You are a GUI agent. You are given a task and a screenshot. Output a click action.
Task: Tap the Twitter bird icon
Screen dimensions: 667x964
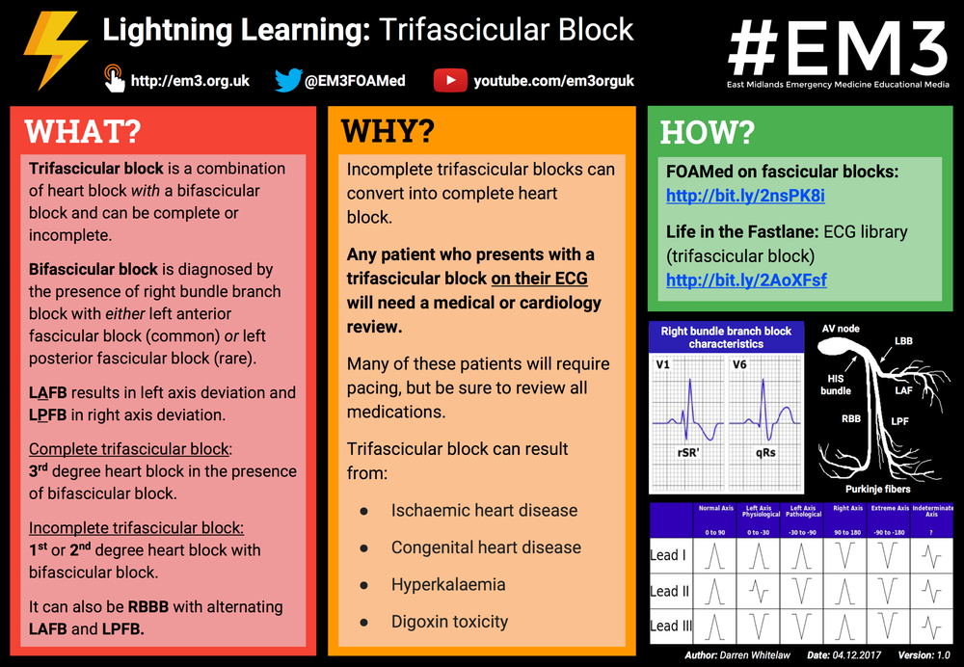point(287,80)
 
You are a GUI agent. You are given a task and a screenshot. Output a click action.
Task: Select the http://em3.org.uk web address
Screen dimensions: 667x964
point(190,81)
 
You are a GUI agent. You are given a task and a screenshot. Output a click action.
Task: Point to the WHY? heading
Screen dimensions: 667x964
point(388,131)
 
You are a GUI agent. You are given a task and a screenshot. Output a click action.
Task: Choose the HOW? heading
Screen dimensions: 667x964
point(708,132)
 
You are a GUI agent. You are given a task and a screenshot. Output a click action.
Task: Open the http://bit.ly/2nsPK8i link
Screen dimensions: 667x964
point(745,196)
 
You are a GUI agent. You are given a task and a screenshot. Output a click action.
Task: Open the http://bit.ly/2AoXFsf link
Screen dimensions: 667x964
point(746,280)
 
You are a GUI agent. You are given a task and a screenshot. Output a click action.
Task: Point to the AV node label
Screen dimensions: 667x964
point(841,329)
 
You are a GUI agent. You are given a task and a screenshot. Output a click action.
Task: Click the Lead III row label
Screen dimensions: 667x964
point(671,626)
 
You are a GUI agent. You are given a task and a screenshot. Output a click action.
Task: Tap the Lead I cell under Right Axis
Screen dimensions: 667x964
point(848,555)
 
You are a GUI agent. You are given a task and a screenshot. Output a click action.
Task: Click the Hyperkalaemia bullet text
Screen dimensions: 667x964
point(448,584)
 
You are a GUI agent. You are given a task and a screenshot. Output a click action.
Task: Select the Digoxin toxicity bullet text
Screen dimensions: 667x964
point(449,622)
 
